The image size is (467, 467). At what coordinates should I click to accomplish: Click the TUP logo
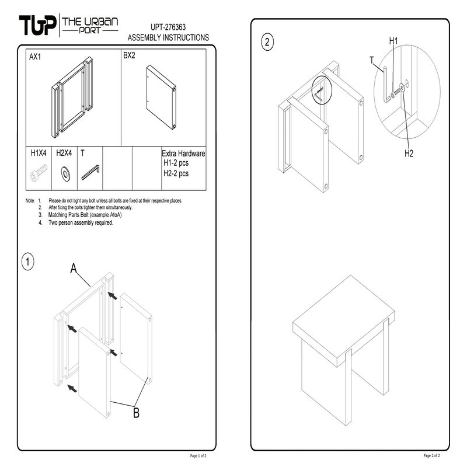click(37, 25)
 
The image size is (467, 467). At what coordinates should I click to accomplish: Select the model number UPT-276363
click(168, 27)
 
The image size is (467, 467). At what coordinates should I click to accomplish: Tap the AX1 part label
click(35, 57)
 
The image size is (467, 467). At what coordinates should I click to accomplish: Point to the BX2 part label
click(129, 55)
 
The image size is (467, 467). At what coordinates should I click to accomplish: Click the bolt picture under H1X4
click(39, 173)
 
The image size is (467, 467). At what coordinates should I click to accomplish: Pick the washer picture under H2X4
click(65, 173)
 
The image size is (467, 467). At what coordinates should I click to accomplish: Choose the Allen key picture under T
click(90, 172)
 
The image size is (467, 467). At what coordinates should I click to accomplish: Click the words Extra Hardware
click(183, 154)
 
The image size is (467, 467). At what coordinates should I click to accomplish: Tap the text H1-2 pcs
click(176, 163)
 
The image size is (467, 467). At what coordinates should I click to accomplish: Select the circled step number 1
click(27, 262)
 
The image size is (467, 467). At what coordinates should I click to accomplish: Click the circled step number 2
click(267, 41)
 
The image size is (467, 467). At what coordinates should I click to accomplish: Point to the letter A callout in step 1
click(74, 269)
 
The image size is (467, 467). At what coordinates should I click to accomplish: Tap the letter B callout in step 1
click(136, 413)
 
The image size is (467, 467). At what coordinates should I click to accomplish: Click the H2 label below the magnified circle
click(409, 154)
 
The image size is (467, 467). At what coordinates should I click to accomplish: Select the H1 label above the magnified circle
click(393, 41)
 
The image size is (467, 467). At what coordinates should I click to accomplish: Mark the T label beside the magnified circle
click(372, 60)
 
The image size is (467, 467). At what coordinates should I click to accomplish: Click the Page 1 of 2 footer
click(198, 456)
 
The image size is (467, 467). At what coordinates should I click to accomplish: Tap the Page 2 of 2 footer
click(431, 455)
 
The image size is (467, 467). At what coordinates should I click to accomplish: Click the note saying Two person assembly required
click(81, 222)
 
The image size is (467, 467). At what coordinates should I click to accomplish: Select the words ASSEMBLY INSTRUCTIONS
click(168, 37)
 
